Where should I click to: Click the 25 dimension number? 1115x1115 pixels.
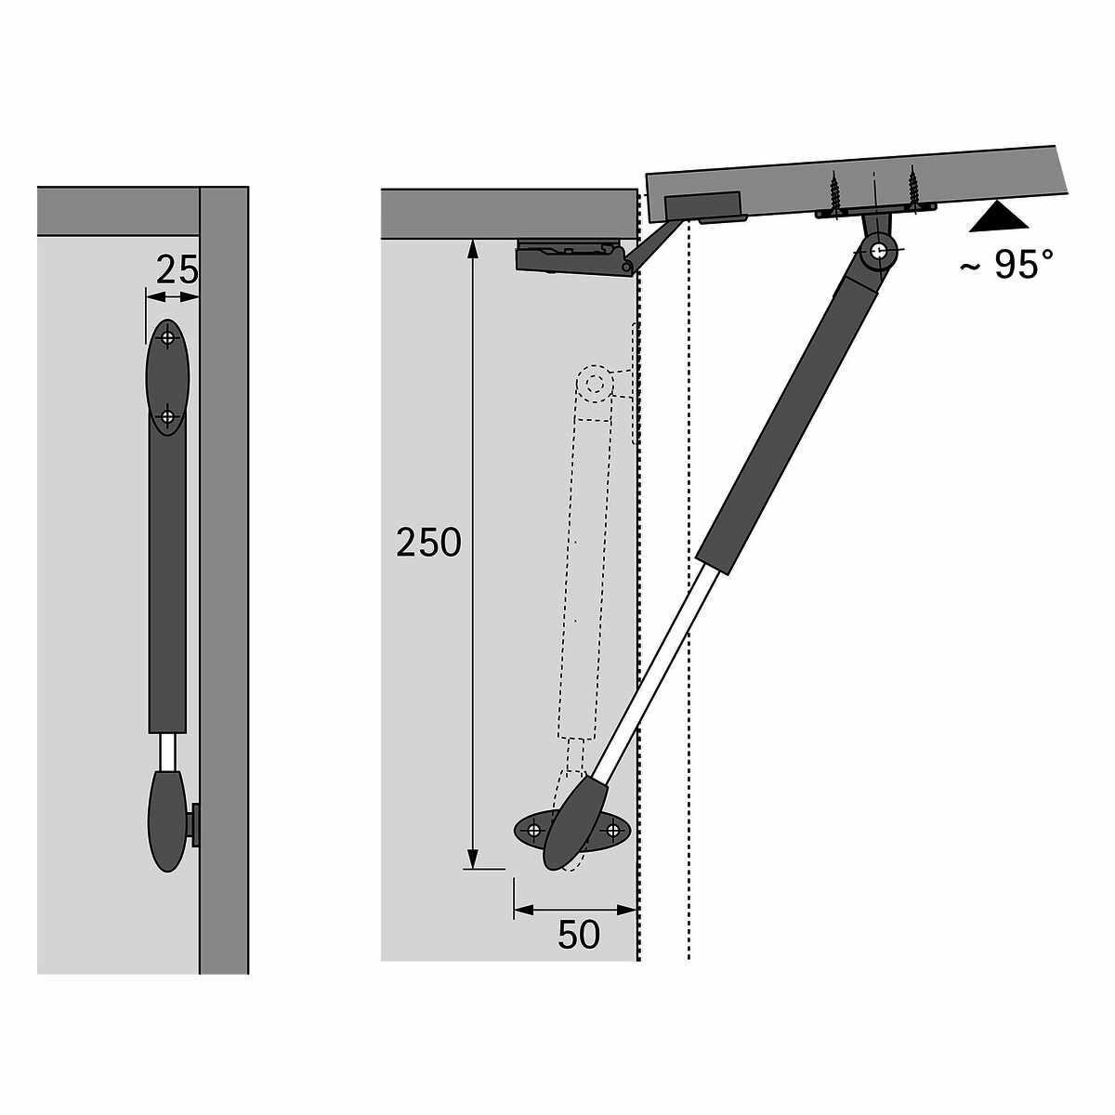point(177,269)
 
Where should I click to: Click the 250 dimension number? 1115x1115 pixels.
point(428,543)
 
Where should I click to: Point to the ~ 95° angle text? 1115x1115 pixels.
point(1006,265)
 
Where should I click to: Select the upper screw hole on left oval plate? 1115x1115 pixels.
point(167,337)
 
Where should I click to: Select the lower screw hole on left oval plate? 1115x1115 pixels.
point(167,416)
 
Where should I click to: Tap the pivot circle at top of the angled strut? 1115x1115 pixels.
point(878,250)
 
